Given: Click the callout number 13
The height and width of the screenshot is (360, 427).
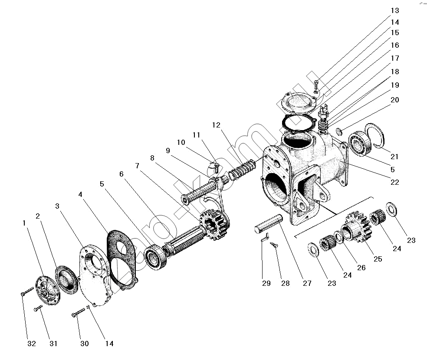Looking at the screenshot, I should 394,10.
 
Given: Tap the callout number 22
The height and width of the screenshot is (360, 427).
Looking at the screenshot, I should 394,182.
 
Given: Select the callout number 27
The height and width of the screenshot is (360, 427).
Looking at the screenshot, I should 307,284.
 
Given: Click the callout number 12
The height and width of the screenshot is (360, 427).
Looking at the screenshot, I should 217,125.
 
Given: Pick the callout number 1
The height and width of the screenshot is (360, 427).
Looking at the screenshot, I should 25,223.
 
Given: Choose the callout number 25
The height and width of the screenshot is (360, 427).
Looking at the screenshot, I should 378,259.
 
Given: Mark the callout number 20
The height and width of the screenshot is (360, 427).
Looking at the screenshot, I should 394,100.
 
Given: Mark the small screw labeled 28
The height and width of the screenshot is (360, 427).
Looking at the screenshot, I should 273,245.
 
